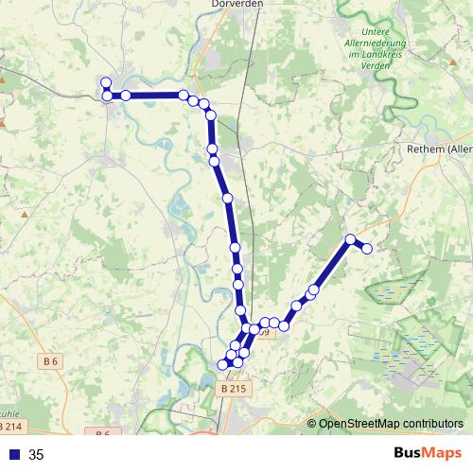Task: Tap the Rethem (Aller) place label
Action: tap(438, 149)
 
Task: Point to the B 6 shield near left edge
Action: tap(50, 360)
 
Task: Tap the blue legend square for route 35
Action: tap(13, 455)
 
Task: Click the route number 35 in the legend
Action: tap(37, 455)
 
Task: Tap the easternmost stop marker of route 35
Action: tap(367, 248)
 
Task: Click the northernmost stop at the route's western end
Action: tap(106, 83)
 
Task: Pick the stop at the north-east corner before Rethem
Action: tap(351, 239)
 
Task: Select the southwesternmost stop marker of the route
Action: tap(224, 364)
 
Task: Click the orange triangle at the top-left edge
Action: tap(3, 80)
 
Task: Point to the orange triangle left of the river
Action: tap(26, 214)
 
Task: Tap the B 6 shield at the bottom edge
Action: tap(103, 433)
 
